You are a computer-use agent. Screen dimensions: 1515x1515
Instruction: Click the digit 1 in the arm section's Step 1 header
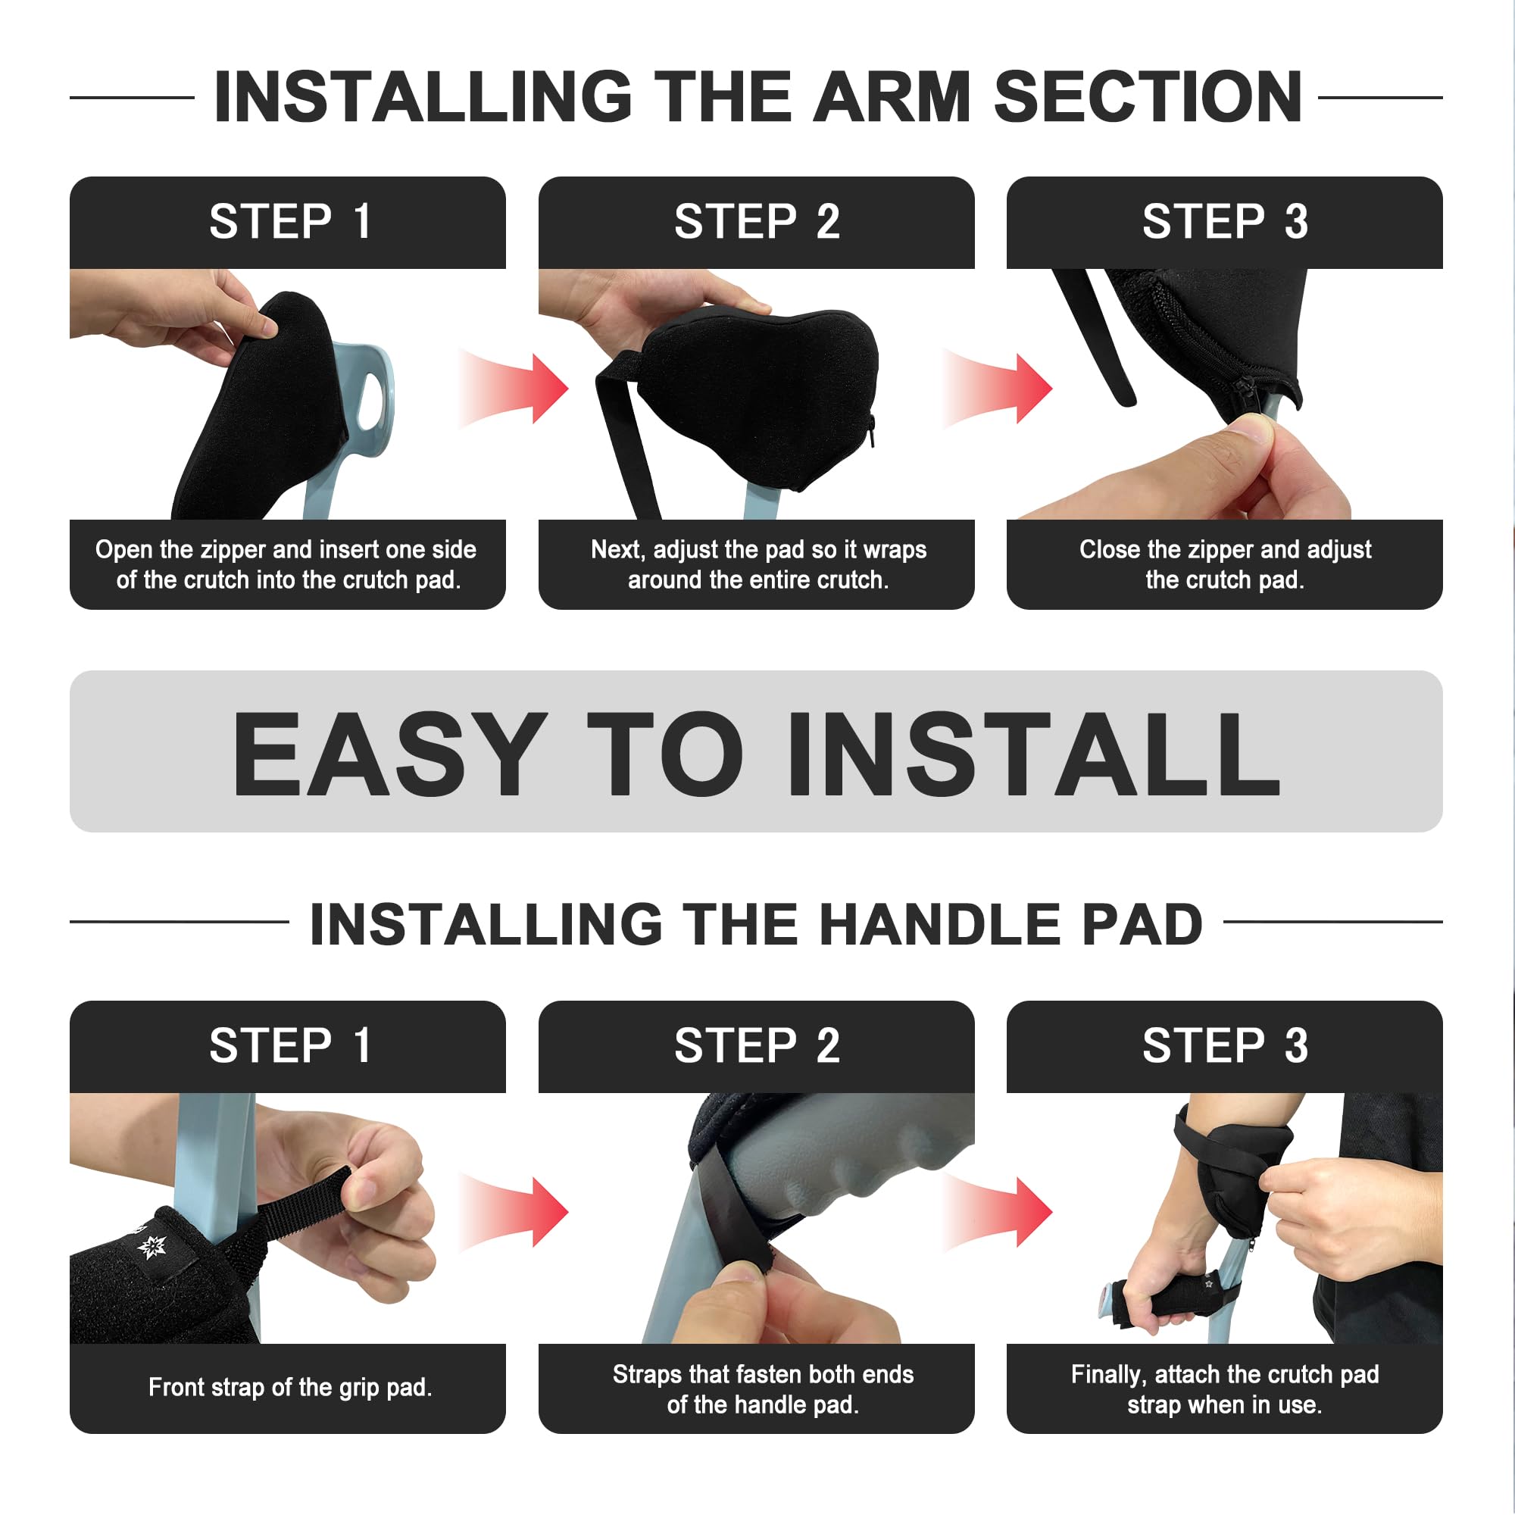pyautogui.click(x=362, y=222)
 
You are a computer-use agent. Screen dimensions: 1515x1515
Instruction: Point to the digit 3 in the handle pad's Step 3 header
pyautogui.click(x=1295, y=1046)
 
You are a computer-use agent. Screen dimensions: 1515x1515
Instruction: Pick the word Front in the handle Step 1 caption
pyautogui.click(x=176, y=1387)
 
